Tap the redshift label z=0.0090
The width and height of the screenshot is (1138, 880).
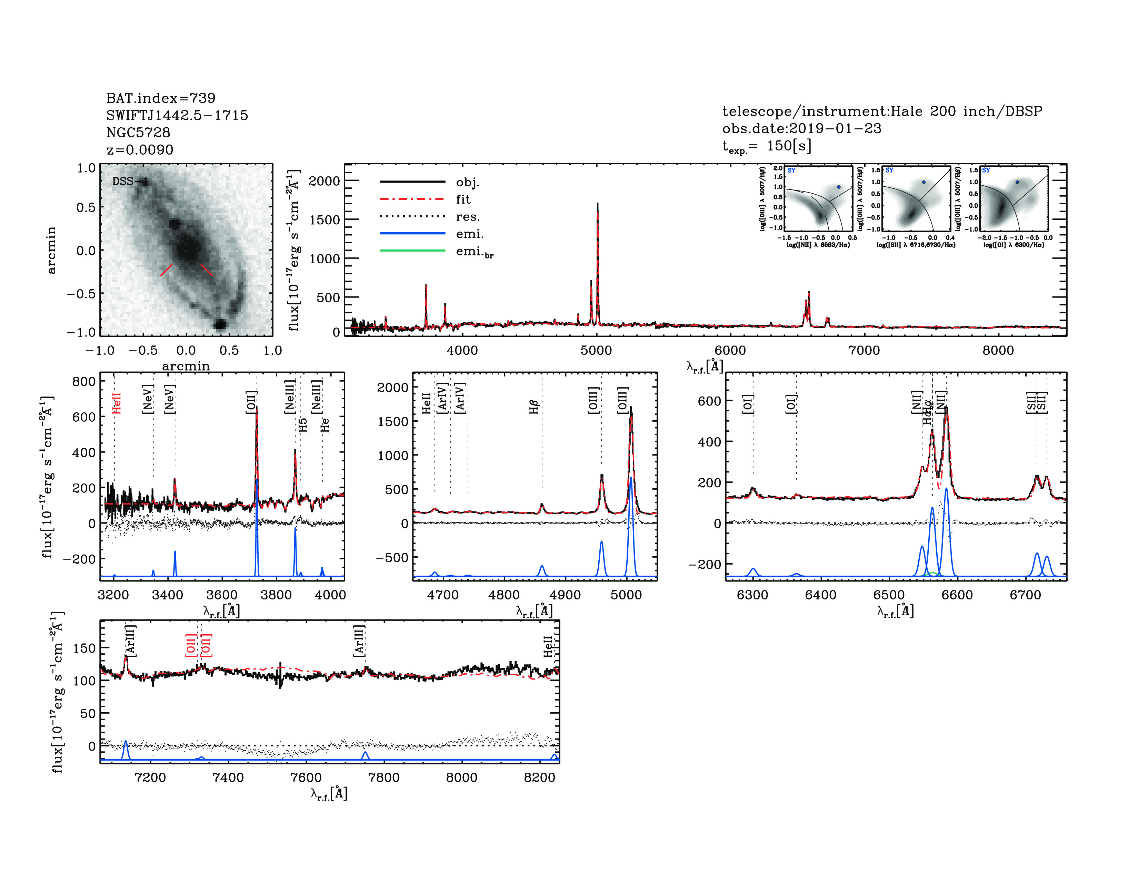pos(140,150)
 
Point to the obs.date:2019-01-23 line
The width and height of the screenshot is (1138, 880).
pos(801,128)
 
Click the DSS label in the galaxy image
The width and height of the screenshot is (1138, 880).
pos(123,182)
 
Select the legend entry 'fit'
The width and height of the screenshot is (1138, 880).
pos(463,199)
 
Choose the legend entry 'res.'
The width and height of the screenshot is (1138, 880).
pos(467,216)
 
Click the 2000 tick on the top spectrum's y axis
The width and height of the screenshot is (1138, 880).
pos(324,181)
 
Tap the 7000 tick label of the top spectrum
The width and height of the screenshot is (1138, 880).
pos(864,350)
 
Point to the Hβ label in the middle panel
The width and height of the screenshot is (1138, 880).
pos(533,407)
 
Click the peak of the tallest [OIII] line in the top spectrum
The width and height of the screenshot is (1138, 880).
pos(597,204)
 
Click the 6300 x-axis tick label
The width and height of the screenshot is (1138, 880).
pos(752,595)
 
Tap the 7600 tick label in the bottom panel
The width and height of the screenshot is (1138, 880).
pos(306,777)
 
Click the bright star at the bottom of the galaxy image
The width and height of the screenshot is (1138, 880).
pos(220,324)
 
